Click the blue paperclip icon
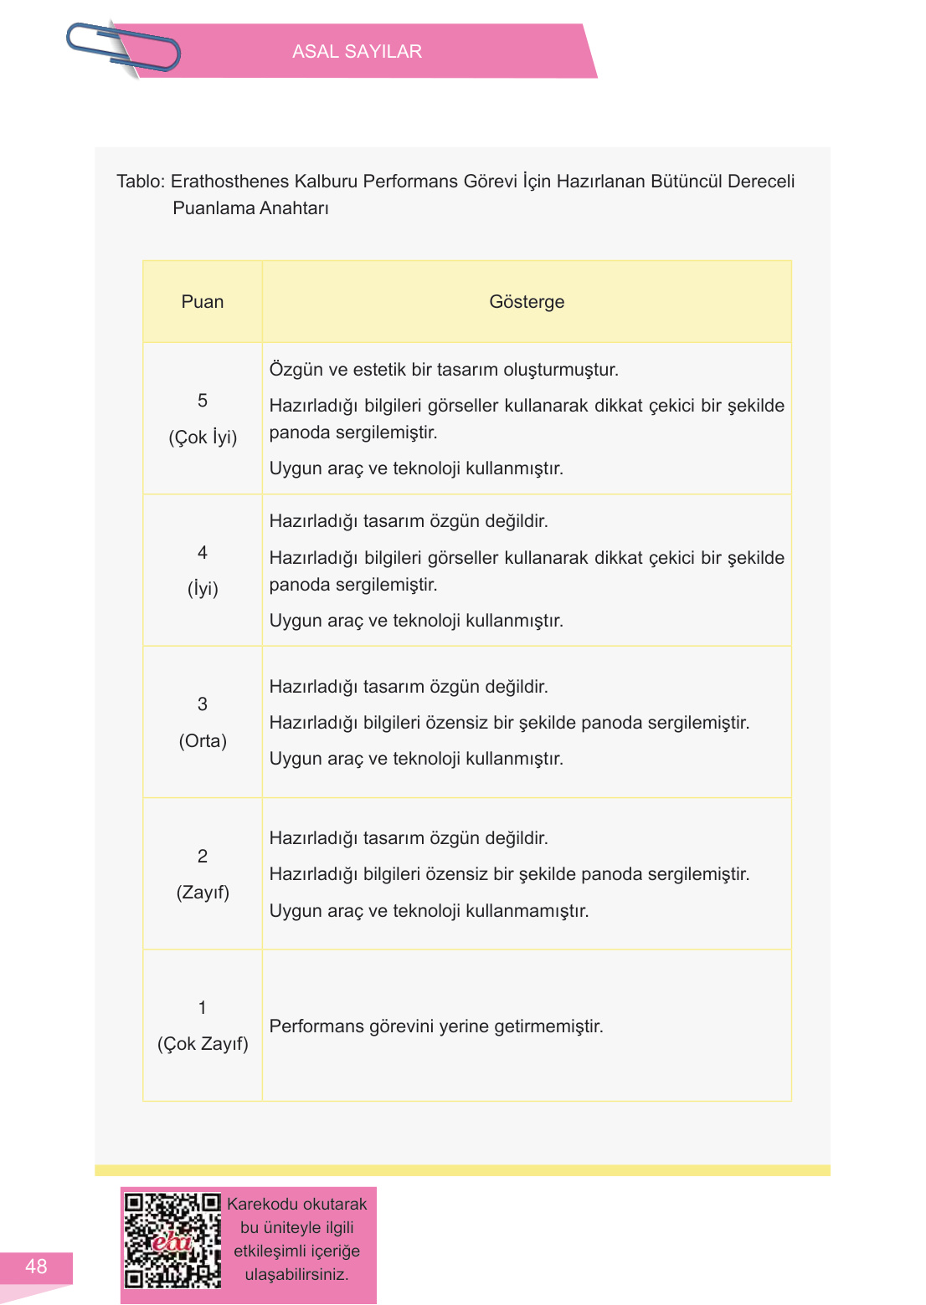pos(123,48)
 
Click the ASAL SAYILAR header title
pos(357,52)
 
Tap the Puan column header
pos(203,302)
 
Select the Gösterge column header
pos(527,302)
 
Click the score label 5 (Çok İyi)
pos(203,419)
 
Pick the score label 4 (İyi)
pos(203,571)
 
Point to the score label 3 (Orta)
pos(203,723)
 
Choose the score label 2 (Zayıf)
pos(203,874)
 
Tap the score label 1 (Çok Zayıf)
pos(203,1026)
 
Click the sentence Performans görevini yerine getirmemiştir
pos(436,1026)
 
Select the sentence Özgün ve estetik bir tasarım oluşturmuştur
pos(444,370)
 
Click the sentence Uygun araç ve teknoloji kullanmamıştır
pos(429,911)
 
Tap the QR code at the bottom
pos(172,1241)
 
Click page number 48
pos(36,1267)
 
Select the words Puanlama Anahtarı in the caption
pos(250,208)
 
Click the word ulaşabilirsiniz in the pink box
pos(296,1275)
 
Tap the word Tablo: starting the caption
pos(141,182)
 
